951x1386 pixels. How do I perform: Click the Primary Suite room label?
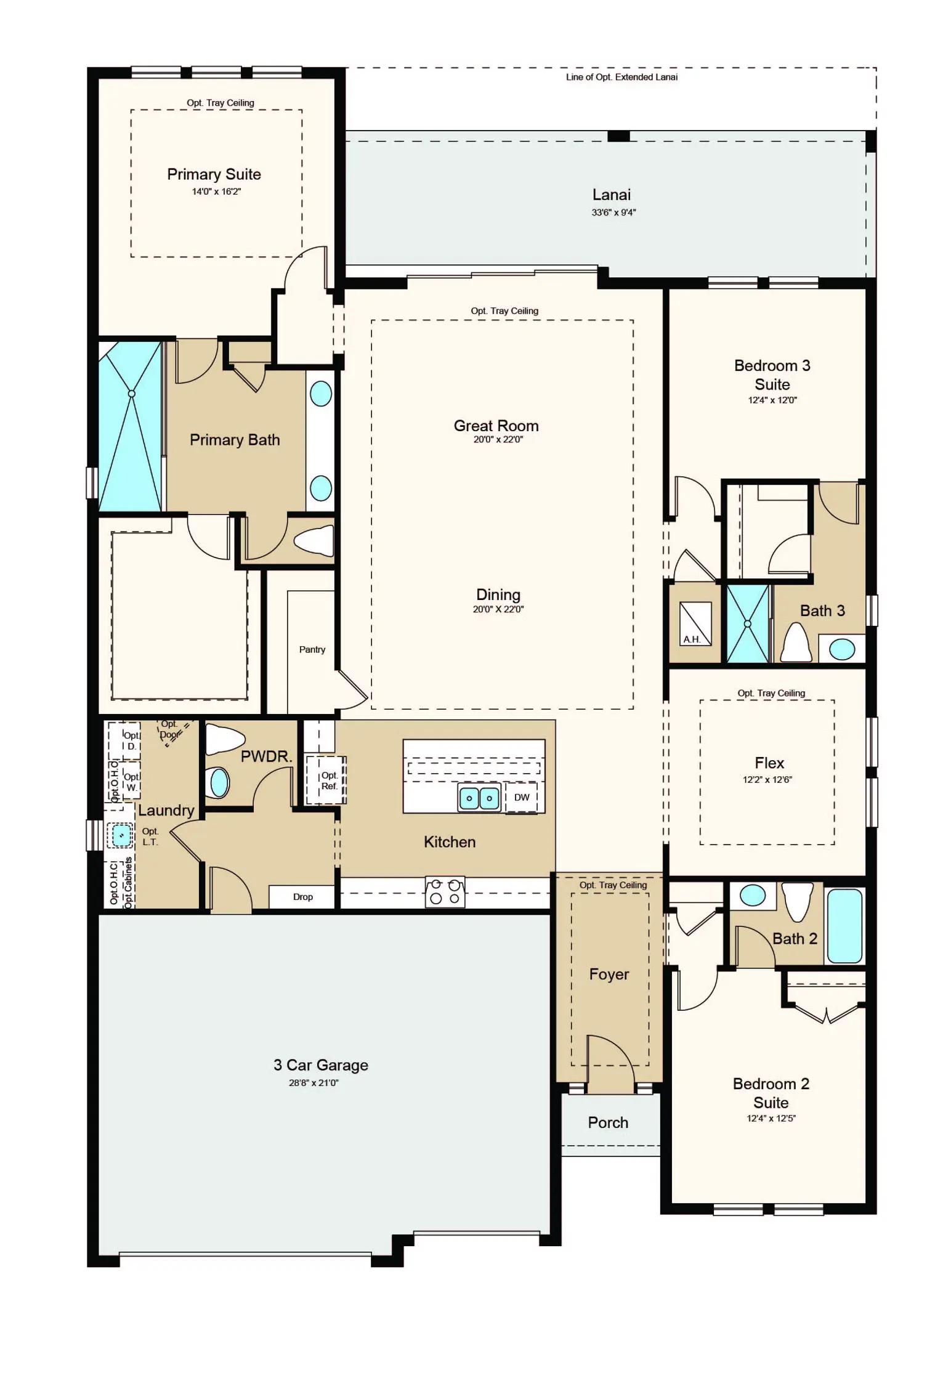[x=214, y=174]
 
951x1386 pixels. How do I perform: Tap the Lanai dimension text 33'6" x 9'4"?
[x=613, y=213]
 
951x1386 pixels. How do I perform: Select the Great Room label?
[x=496, y=426]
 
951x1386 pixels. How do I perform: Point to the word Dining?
[x=498, y=594]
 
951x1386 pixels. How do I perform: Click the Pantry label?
[x=312, y=649]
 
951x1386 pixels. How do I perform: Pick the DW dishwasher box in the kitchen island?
[x=522, y=797]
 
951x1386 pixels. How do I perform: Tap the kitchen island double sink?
[x=479, y=798]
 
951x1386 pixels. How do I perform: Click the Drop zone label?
[x=303, y=897]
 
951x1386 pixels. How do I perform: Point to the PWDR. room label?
[x=266, y=756]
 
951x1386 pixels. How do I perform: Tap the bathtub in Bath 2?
[x=844, y=925]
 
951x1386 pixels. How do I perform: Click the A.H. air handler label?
[x=692, y=639]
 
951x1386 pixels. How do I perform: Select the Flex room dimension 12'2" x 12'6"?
[x=767, y=779]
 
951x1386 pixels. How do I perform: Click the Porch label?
[x=608, y=1122]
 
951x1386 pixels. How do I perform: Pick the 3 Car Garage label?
[x=321, y=1065]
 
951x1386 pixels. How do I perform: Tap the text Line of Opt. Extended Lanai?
[x=622, y=77]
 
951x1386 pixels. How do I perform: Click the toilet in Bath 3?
[x=796, y=642]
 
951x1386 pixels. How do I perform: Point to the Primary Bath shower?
[x=131, y=426]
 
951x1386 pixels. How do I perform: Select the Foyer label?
[x=609, y=974]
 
